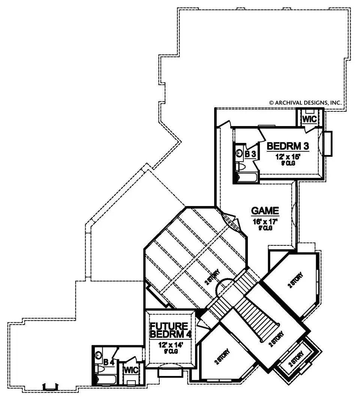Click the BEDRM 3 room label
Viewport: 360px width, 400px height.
288,145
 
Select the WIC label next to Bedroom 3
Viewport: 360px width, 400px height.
309,119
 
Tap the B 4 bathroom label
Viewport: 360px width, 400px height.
109,362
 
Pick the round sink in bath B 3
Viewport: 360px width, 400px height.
240,153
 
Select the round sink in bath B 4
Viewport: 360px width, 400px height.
99,354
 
